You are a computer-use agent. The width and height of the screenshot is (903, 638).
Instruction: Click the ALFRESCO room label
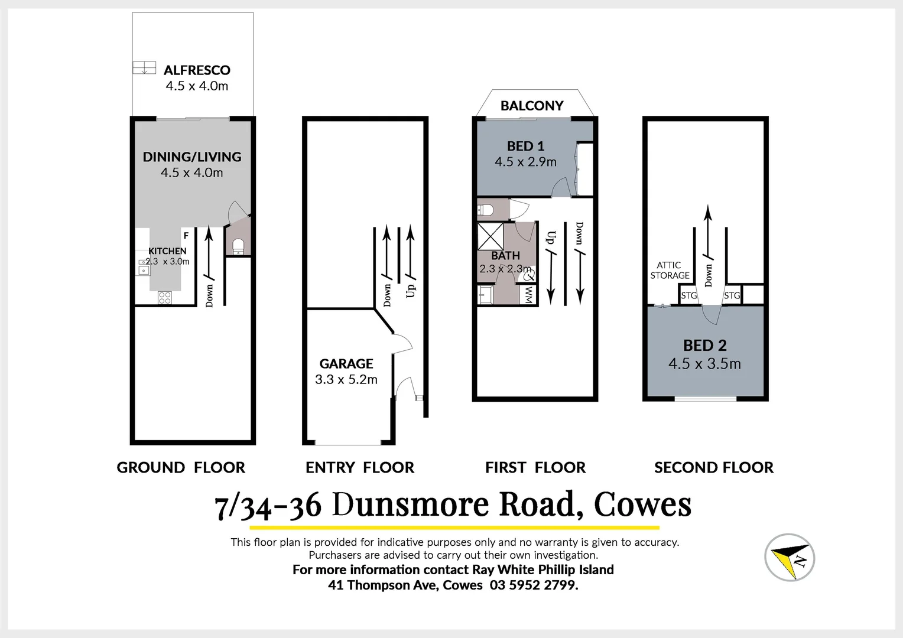(197, 70)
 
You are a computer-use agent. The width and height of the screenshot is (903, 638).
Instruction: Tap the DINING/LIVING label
(192, 157)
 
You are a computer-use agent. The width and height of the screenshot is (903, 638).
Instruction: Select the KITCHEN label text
(167, 251)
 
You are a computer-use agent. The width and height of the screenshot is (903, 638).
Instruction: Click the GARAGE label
(346, 363)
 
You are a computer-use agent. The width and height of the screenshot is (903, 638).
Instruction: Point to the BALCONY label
(532, 106)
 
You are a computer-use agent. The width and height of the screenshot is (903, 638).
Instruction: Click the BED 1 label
(525, 146)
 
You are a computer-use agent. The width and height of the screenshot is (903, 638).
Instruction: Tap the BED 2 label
(705, 345)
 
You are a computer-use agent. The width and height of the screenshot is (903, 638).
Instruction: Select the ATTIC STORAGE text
(670, 271)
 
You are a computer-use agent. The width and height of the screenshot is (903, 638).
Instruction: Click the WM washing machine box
(528, 295)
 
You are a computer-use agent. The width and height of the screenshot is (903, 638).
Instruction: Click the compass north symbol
(790, 557)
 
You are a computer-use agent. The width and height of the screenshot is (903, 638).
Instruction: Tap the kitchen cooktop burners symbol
(165, 298)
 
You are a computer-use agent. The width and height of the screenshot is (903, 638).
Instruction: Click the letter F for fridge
(186, 236)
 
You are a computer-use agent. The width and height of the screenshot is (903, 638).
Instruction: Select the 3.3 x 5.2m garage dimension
(346, 380)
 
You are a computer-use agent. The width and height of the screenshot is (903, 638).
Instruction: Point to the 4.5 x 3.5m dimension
(704, 364)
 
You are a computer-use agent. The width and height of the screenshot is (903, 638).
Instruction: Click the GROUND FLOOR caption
(181, 467)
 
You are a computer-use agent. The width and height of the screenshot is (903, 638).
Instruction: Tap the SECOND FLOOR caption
(713, 467)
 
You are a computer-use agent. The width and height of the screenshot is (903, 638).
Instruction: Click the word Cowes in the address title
(642, 504)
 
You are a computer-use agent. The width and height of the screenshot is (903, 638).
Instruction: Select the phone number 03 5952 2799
(534, 585)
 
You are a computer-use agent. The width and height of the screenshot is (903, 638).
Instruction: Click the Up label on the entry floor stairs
(411, 291)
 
